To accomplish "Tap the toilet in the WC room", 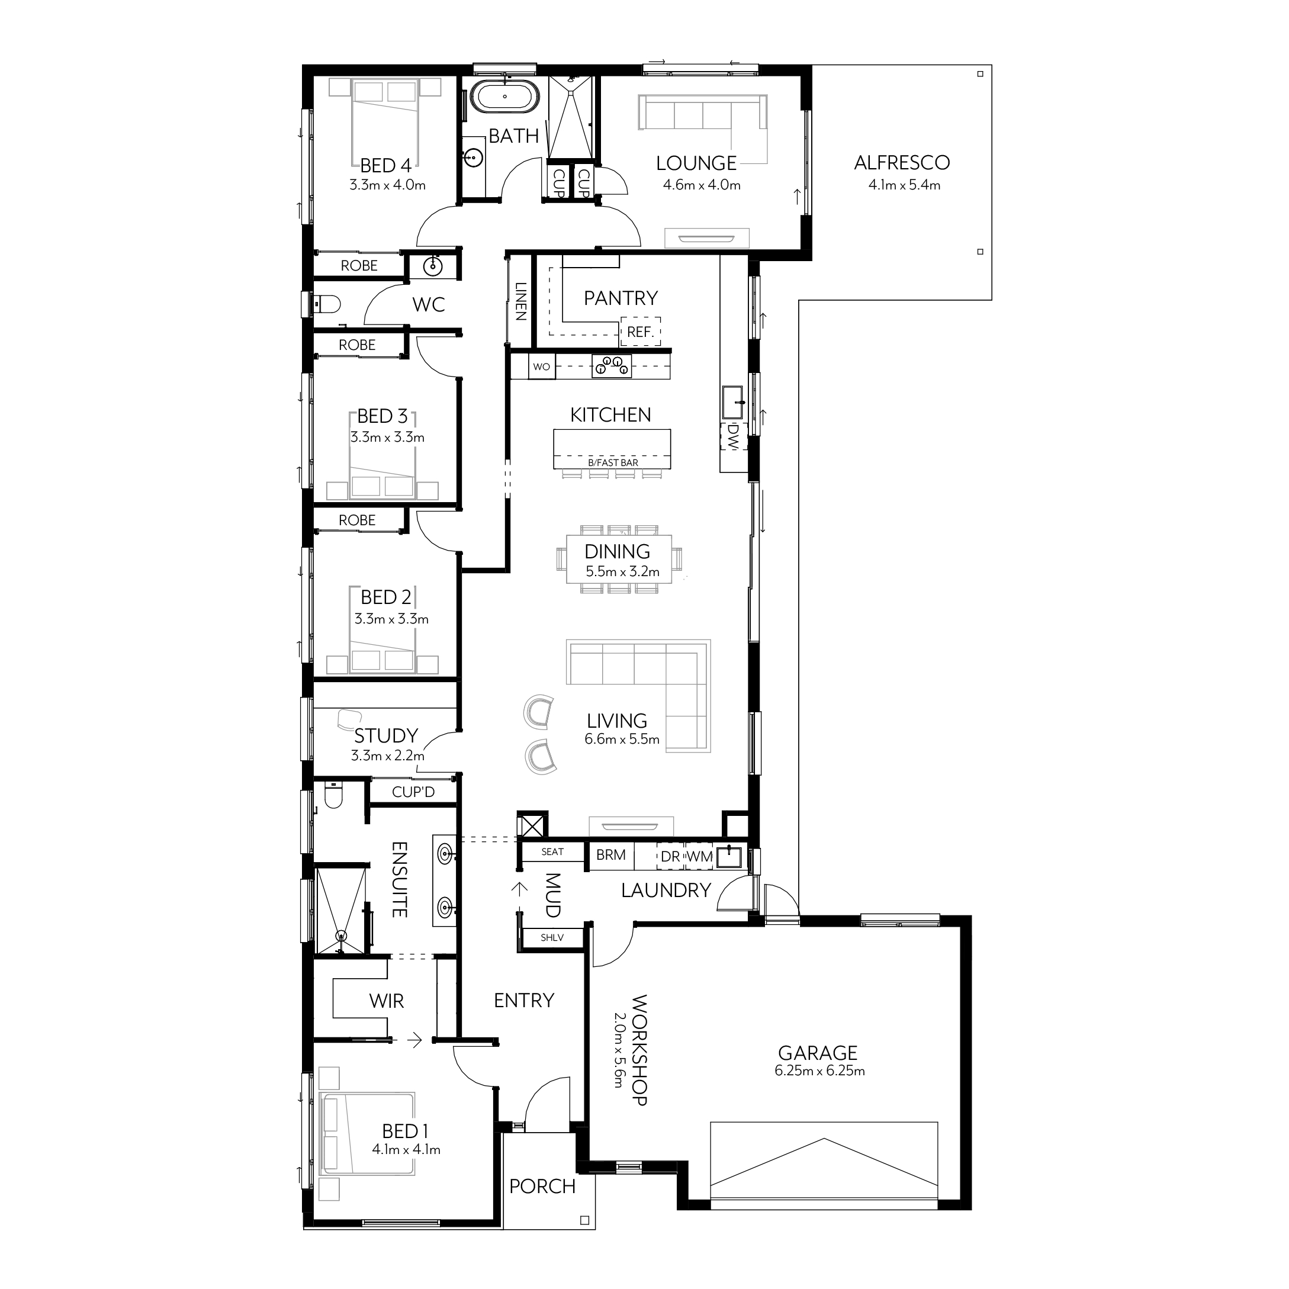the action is point(326,305).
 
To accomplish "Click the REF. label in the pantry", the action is point(641,332).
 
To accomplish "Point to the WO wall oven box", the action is point(542,367).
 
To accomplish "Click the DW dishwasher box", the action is point(733,436).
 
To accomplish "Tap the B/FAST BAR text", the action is point(612,462).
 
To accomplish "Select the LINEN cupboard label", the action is point(521,301).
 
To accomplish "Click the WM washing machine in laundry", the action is point(699,856).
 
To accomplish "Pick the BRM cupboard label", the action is point(610,854).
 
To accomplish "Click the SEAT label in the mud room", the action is point(552,851).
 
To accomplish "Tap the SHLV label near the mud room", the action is point(552,937).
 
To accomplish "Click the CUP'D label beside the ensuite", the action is point(413,792).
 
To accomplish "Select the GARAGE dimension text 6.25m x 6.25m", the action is point(819,1071).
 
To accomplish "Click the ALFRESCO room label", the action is point(901,163).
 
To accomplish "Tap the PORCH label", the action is point(542,1186).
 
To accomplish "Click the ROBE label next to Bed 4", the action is point(359,265).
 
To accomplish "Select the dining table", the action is point(619,559).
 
